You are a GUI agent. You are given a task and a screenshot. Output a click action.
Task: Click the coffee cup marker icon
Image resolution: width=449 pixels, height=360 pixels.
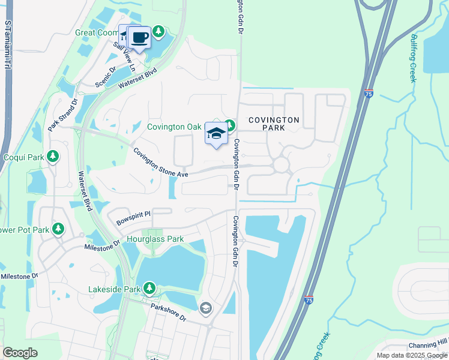[140, 38]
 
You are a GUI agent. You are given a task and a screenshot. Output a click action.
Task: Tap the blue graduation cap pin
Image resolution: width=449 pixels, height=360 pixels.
[216, 134]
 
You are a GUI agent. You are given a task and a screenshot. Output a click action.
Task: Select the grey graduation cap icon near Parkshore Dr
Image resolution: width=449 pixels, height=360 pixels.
[206, 308]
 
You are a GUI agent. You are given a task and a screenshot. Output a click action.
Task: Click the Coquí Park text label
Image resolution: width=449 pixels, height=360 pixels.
[23, 157]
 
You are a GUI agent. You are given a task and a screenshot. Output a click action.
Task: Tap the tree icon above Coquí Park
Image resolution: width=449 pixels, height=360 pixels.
[53, 157]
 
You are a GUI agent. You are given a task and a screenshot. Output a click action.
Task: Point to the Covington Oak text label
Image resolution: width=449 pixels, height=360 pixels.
[175, 127]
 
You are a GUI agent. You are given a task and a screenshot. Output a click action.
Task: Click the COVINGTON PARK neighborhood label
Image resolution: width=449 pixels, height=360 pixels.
[274, 124]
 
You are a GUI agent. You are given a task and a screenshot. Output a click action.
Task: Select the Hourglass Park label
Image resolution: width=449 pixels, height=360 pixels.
[155, 239]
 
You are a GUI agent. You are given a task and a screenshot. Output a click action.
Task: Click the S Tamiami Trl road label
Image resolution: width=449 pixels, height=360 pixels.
[8, 48]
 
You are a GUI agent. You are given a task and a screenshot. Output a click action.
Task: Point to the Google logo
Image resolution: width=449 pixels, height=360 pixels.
[20, 353]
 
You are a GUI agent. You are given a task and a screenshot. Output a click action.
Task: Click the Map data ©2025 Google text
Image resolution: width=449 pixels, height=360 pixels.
[411, 355]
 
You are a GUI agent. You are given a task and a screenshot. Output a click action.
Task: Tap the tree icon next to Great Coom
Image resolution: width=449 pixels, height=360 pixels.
[158, 31]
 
